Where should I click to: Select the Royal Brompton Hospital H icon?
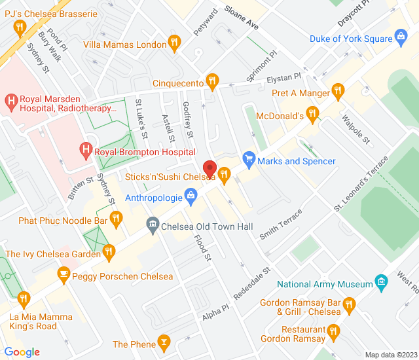pyautogui.click(x=86, y=151)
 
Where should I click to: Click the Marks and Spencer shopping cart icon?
pyautogui.click(x=248, y=160)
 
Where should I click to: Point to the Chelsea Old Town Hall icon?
pyautogui.click(x=152, y=226)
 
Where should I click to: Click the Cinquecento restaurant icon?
pyautogui.click(x=211, y=82)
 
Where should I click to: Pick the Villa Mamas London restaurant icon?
pyautogui.click(x=174, y=44)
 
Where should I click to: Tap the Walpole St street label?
pyautogui.click(x=356, y=130)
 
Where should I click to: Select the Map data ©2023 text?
pyautogui.click(x=390, y=355)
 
